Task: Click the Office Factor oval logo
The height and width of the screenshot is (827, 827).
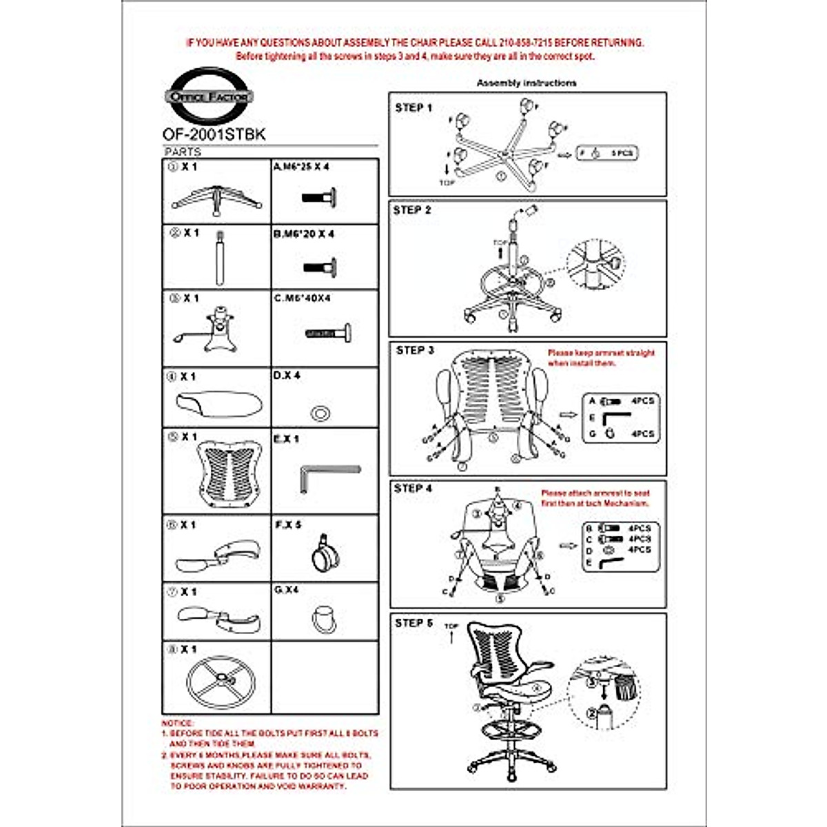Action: click(x=209, y=96)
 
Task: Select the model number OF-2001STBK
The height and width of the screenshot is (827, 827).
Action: click(x=214, y=134)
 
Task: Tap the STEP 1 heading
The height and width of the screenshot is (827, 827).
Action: click(x=413, y=108)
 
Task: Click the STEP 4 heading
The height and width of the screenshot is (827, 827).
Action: click(x=413, y=488)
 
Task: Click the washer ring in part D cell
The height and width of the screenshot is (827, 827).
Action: click(x=320, y=413)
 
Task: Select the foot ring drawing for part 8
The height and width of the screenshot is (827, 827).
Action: click(x=221, y=683)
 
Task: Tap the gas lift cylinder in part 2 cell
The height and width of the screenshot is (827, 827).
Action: click(x=220, y=258)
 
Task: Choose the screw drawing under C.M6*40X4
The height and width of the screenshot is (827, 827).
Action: click(x=328, y=334)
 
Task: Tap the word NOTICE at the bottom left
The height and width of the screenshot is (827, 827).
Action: click(x=177, y=723)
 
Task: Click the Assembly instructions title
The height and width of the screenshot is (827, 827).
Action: click(x=527, y=83)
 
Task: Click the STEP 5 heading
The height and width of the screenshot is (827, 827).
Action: click(x=413, y=623)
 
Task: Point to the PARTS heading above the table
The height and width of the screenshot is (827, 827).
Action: click(x=183, y=152)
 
